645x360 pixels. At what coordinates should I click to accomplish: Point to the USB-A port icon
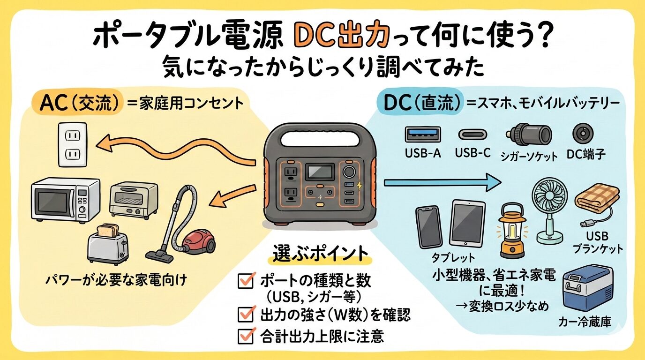pos(423,134)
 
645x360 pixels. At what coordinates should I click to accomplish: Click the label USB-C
pos(472,153)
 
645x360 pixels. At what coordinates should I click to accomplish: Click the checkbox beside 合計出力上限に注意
pos(246,336)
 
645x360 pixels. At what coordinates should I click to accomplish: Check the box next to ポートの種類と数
pos(246,281)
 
